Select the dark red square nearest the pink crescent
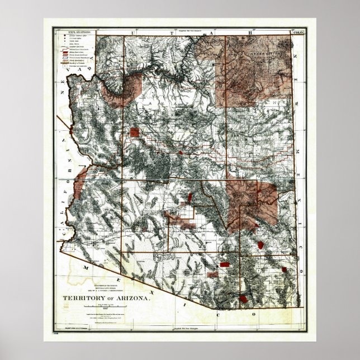(x=134, y=132)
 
